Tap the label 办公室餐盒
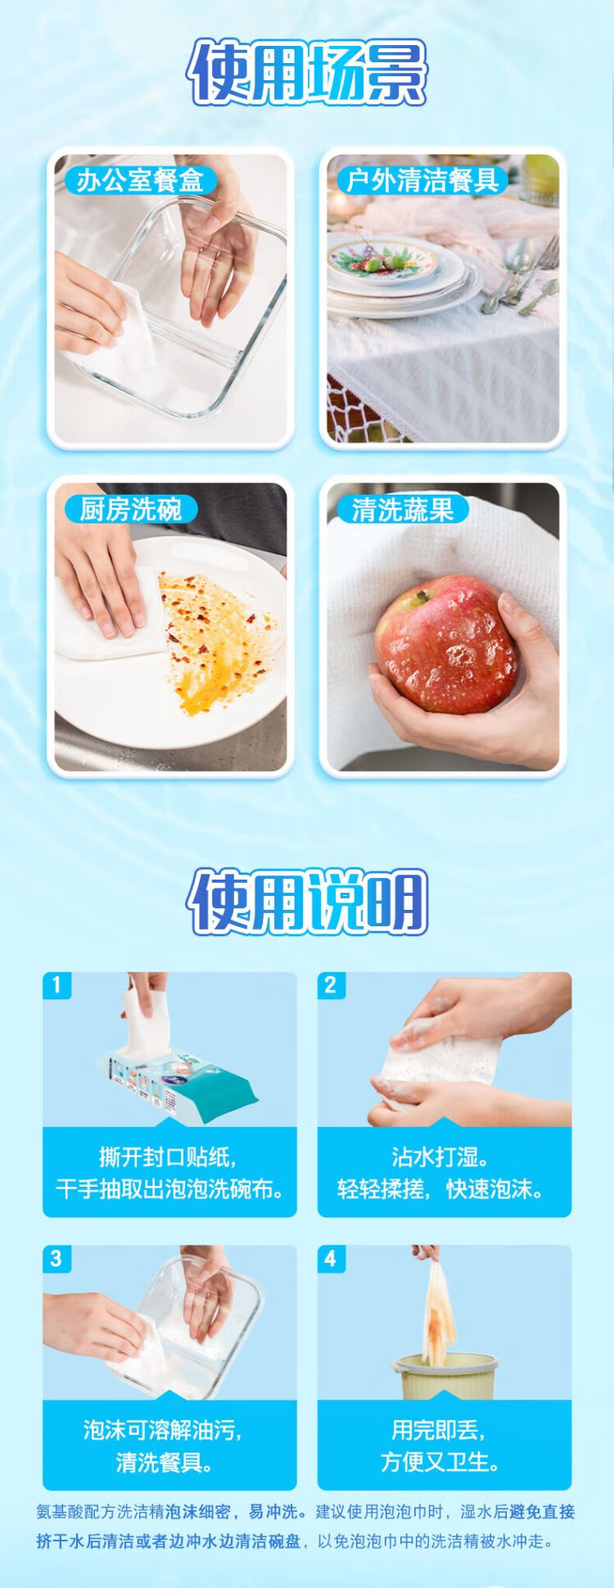coord(140,180)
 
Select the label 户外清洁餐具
coord(422,180)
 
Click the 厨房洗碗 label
coord(130,509)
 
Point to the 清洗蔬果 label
coord(402,509)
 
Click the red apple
coord(446,645)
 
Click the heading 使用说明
coord(307,902)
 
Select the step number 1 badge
coord(56,984)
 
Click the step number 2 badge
coord(331,984)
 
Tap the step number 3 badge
coord(56,1258)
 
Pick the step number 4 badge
coord(331,1258)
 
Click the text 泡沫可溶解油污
coord(162,1430)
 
